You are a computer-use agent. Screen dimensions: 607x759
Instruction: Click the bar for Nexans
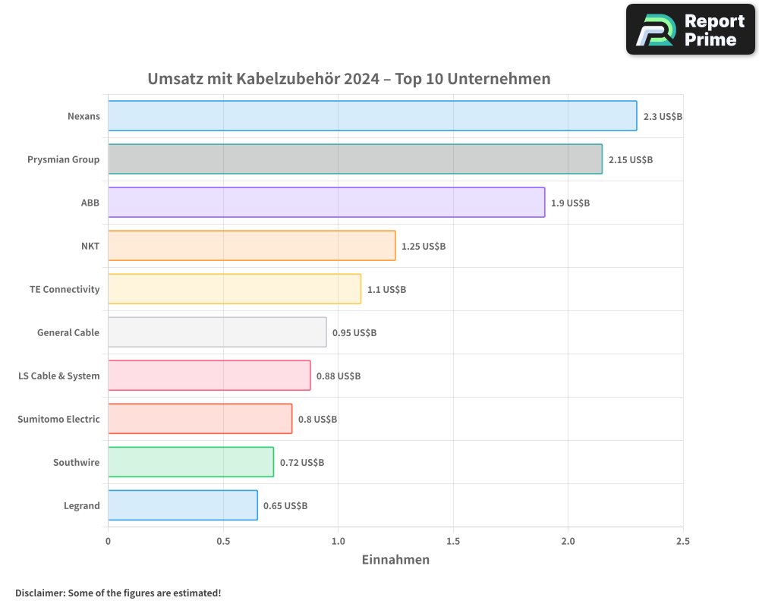click(x=372, y=116)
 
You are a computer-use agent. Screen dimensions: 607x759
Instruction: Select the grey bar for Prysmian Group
click(x=355, y=159)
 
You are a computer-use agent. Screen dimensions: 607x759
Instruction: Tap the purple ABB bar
click(x=326, y=203)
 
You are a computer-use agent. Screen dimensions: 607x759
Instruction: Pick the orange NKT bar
click(x=251, y=246)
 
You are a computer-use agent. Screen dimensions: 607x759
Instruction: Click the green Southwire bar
click(x=191, y=462)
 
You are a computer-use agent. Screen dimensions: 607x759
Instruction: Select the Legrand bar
click(x=182, y=505)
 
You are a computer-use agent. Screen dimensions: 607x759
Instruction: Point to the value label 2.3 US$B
click(x=663, y=117)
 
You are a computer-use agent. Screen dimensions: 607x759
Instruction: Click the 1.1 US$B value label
click(x=386, y=290)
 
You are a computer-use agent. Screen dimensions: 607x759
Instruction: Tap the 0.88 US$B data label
click(x=339, y=376)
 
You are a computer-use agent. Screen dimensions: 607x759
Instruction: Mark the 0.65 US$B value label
click(x=285, y=506)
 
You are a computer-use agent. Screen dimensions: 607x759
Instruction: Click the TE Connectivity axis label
click(x=65, y=290)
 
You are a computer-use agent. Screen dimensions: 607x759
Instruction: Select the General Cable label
click(x=68, y=333)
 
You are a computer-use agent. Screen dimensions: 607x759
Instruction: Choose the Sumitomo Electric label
click(x=58, y=420)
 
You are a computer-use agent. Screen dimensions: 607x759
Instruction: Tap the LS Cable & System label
click(x=59, y=376)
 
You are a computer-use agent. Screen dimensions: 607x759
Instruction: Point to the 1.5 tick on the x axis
click(x=453, y=542)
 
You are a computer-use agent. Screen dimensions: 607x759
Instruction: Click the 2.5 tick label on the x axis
click(x=682, y=542)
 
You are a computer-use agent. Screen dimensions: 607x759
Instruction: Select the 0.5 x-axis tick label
click(x=223, y=542)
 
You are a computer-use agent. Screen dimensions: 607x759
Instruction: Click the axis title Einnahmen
click(x=395, y=560)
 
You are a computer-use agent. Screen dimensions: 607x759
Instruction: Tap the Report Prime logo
click(x=691, y=30)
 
